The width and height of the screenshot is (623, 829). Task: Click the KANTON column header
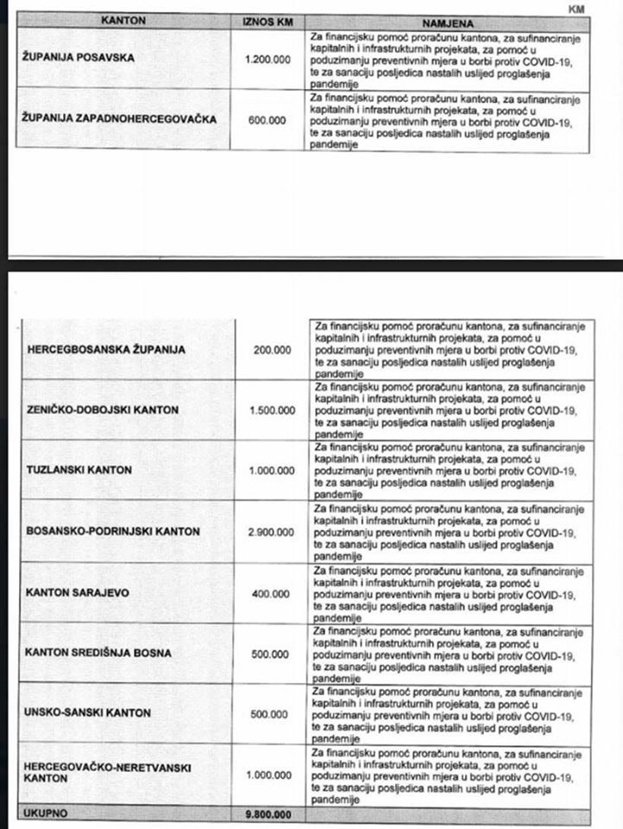click(x=123, y=20)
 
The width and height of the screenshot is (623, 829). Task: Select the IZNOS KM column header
click(x=268, y=20)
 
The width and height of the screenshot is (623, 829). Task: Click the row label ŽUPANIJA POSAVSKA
click(x=77, y=60)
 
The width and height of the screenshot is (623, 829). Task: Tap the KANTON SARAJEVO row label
click(x=77, y=592)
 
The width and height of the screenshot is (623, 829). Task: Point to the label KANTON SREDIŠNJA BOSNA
click(x=98, y=653)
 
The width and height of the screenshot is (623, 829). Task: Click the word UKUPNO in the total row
click(x=47, y=813)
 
